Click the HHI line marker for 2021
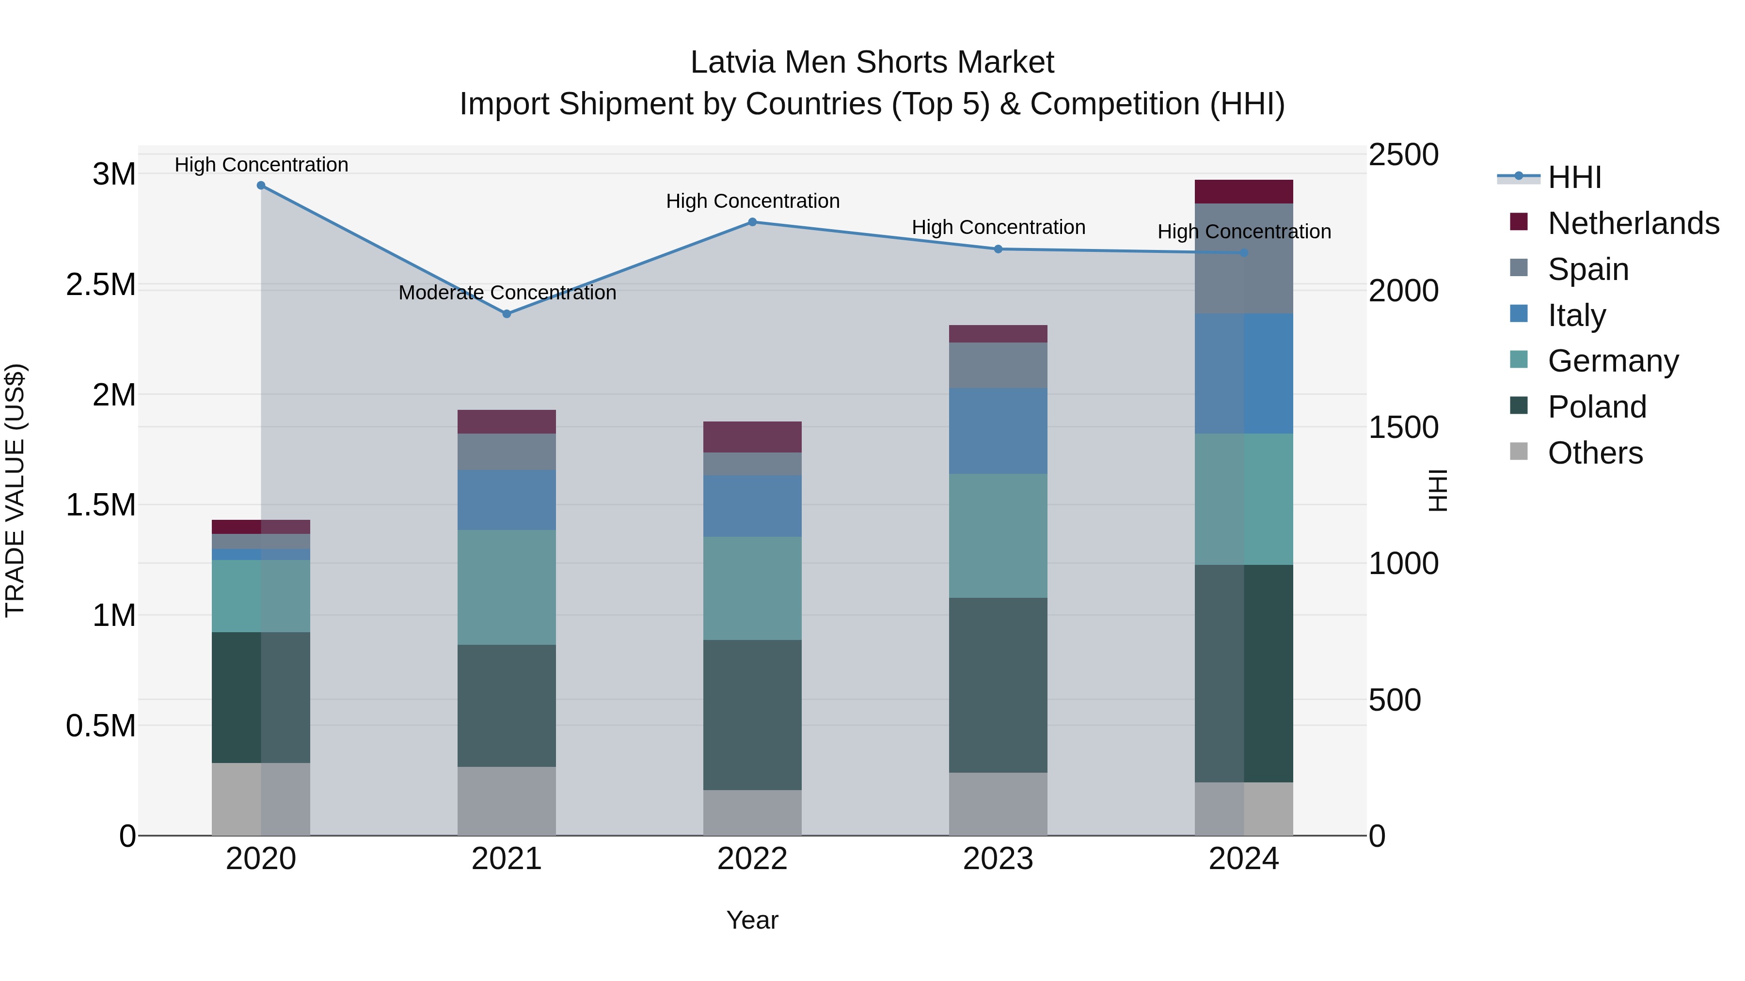pos(507,313)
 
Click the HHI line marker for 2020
pos(261,186)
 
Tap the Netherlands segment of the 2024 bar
pos(1244,191)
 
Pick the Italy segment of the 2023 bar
pos(998,431)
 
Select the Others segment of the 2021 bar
pos(507,800)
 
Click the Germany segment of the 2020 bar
pos(261,596)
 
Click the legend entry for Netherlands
pos(1633,223)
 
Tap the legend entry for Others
pos(1595,452)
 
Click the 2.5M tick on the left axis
pos(100,284)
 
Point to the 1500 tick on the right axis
pos(1403,427)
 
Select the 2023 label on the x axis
pos(998,859)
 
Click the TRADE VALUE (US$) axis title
pos(15,490)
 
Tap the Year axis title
pos(752,920)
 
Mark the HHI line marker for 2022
pos(752,222)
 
